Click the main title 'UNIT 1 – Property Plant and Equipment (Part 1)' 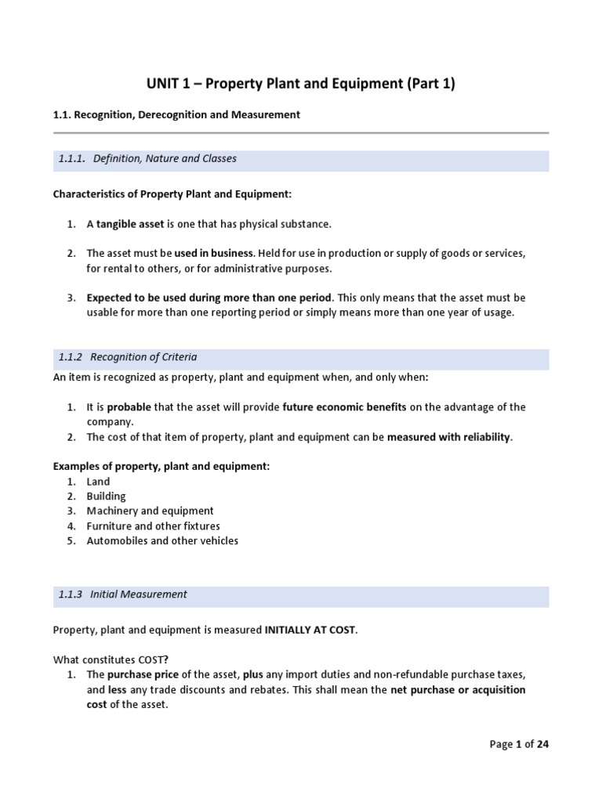pyautogui.click(x=301, y=84)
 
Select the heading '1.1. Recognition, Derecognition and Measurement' pyautogui.click(x=176, y=114)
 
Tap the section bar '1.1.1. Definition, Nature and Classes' pyautogui.click(x=301, y=159)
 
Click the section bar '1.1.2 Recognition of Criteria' pyautogui.click(x=301, y=357)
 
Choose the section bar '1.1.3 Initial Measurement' pyautogui.click(x=301, y=594)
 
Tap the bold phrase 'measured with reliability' pyautogui.click(x=448, y=437)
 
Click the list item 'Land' pyautogui.click(x=98, y=482)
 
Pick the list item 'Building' pyautogui.click(x=106, y=497)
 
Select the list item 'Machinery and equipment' pyautogui.click(x=150, y=511)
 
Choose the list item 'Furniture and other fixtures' pyautogui.click(x=153, y=526)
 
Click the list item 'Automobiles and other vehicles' pyautogui.click(x=162, y=541)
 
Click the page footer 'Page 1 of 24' pyautogui.click(x=519, y=745)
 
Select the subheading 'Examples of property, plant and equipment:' pyautogui.click(x=161, y=466)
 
